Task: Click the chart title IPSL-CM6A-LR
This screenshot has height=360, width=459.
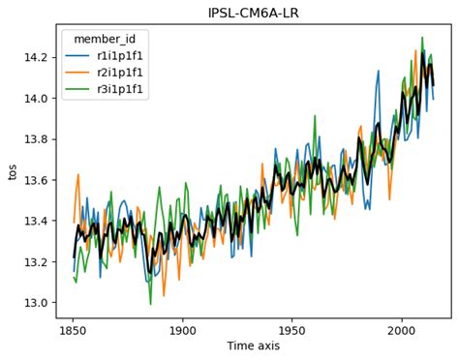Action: [x=247, y=13]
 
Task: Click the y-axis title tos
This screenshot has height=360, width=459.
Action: [x=14, y=172]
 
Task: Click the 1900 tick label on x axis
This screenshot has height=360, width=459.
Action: [x=182, y=329]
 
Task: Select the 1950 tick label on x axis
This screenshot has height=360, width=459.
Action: [x=291, y=329]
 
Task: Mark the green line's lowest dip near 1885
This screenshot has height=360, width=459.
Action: [x=150, y=304]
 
